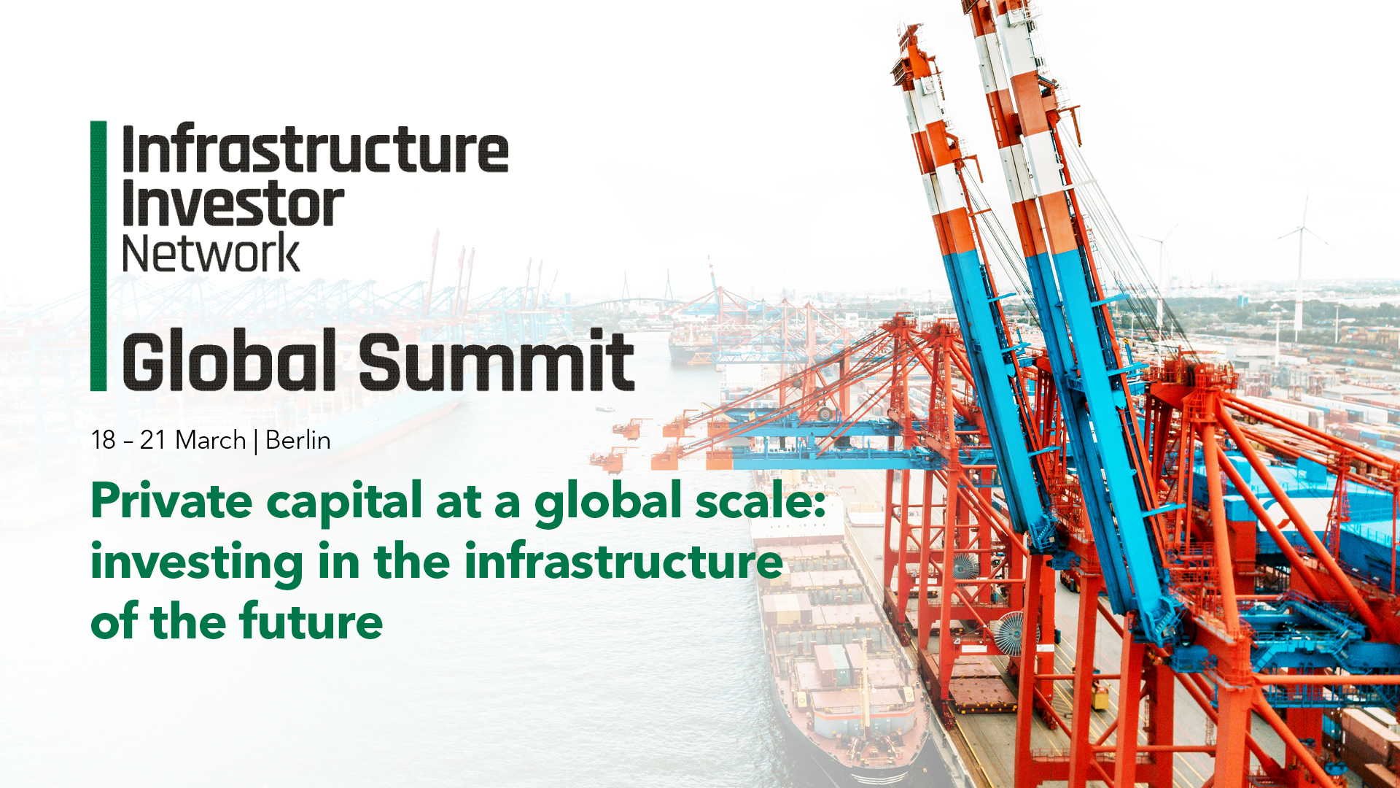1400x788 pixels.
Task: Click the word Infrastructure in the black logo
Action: pyautogui.click(x=315, y=149)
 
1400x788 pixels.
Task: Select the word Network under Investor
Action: pyautogui.click(x=211, y=252)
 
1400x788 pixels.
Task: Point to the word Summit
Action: pyautogui.click(x=497, y=360)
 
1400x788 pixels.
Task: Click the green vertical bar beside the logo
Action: pyautogui.click(x=98, y=256)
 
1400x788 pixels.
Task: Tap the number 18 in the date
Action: pyautogui.click(x=104, y=440)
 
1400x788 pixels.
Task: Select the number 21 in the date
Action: pyautogui.click(x=153, y=440)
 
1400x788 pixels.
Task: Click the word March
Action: pyautogui.click(x=211, y=440)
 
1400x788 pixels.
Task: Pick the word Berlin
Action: pyautogui.click(x=298, y=440)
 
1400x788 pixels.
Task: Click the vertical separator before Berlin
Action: pyautogui.click(x=256, y=441)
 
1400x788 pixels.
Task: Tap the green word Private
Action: pyautogui.click(x=171, y=501)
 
